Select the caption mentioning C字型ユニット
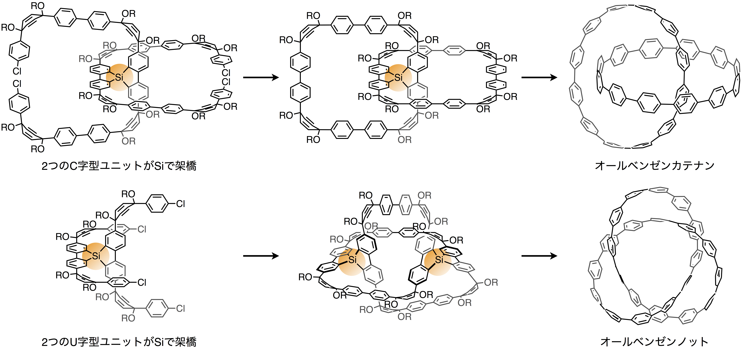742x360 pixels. tap(119, 166)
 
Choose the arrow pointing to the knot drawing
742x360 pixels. tap(539, 256)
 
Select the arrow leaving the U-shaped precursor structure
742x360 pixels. tap(261, 256)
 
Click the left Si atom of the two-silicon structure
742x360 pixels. tap(353, 260)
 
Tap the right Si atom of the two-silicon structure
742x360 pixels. tap(439, 260)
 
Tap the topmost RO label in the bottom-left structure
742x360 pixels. tap(128, 194)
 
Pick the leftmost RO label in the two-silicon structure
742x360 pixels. tap(305, 277)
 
